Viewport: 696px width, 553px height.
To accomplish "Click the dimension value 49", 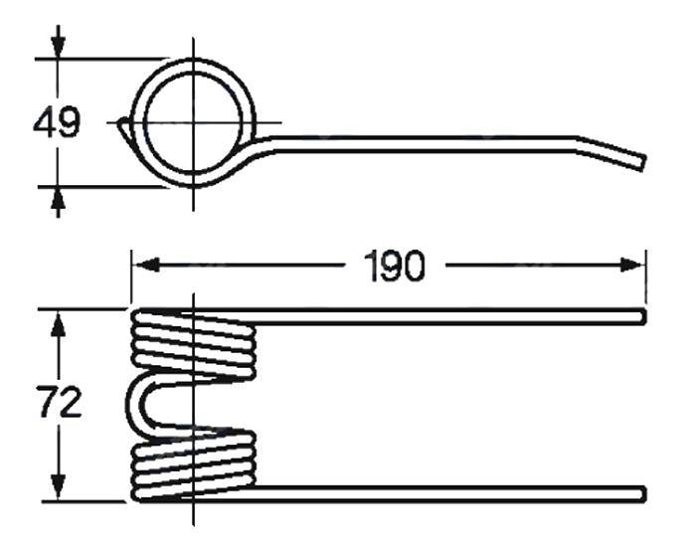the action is tap(57, 121).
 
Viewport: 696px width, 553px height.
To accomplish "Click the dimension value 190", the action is tap(395, 267).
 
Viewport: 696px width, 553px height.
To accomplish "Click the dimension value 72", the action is tap(59, 403).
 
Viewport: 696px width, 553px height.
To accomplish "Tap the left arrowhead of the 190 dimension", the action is tap(145, 266).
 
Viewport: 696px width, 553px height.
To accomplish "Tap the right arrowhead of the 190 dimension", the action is tap(631, 266).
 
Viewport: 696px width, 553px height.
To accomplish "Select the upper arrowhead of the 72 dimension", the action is tap(58, 324).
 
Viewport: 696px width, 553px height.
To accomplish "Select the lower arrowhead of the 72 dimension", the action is tap(58, 486).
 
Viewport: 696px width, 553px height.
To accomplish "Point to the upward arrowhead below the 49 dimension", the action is tap(58, 200).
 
